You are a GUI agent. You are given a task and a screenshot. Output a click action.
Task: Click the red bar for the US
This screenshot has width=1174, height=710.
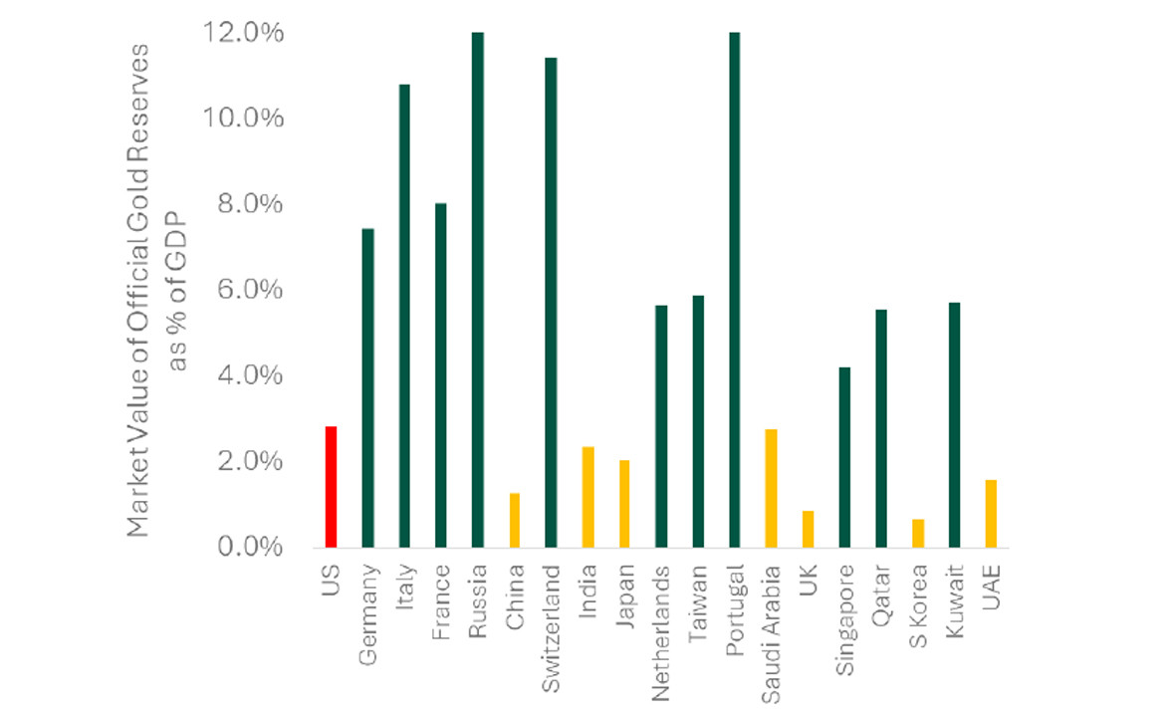(331, 487)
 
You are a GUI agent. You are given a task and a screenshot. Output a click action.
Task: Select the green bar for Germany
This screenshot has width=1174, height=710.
(367, 388)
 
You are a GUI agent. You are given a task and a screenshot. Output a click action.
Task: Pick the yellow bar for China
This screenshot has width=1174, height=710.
(515, 520)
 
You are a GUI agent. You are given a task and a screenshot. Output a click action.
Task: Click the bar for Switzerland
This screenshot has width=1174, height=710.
(552, 303)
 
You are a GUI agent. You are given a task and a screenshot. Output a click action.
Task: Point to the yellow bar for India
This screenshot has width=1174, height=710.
(587, 497)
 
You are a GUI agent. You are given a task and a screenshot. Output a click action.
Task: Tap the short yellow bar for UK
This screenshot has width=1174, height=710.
(808, 529)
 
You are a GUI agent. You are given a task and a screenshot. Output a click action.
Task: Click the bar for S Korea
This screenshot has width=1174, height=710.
(918, 533)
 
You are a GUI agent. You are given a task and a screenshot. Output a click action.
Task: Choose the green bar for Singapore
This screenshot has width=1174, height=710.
(844, 457)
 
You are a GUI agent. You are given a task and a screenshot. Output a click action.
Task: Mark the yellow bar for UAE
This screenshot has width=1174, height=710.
(991, 513)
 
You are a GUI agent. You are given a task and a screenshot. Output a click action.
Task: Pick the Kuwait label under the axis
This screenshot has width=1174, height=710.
(955, 594)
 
